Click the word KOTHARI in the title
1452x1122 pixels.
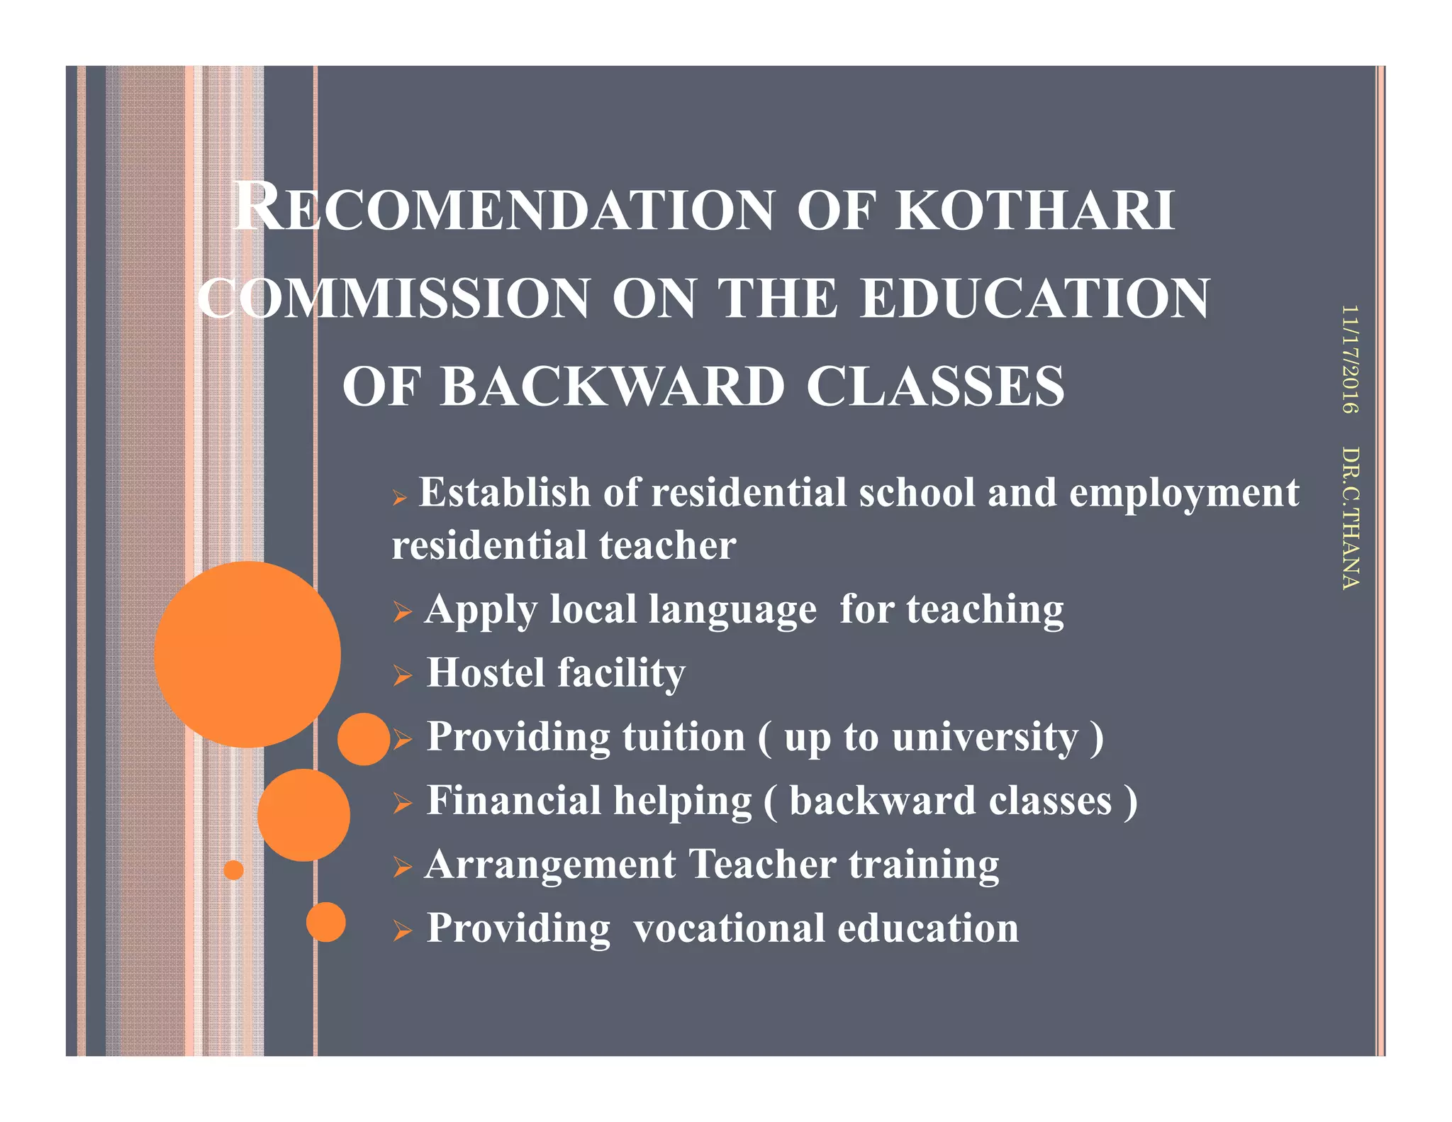click(1035, 211)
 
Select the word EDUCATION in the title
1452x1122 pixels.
click(1035, 299)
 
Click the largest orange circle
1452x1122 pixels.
click(247, 654)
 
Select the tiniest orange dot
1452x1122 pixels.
click(233, 870)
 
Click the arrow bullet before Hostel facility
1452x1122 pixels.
click(402, 675)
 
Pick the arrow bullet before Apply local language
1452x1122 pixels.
click(402, 611)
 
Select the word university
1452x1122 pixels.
click(985, 737)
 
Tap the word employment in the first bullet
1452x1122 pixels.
click(1184, 492)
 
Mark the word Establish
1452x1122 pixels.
click(505, 492)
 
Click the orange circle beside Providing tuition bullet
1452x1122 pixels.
click(364, 739)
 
